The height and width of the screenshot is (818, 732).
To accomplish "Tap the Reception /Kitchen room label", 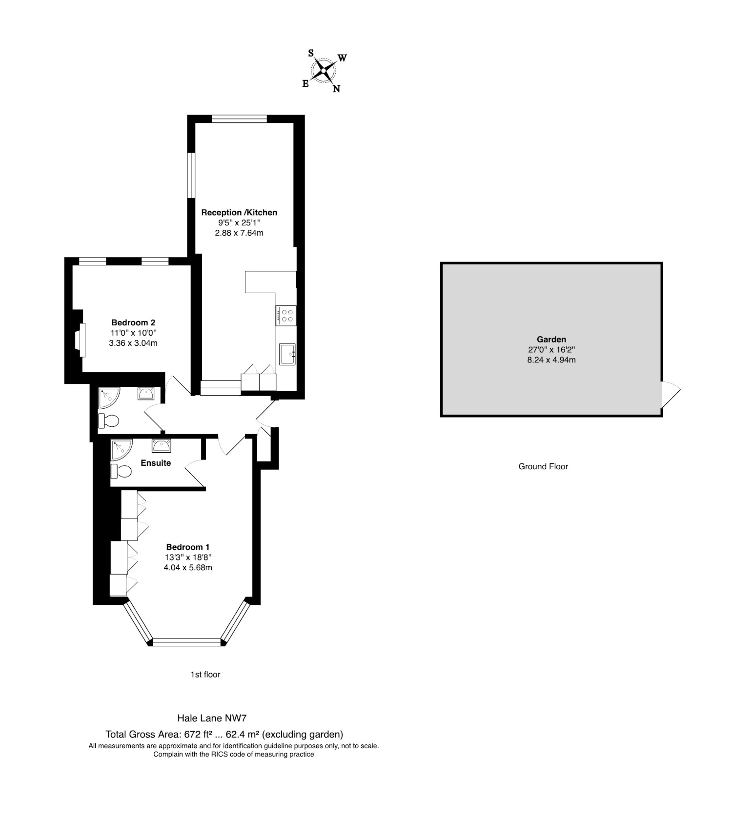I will click(x=239, y=212).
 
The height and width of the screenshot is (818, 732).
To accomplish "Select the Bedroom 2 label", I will click(x=133, y=322).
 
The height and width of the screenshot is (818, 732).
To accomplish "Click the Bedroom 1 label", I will click(x=188, y=547).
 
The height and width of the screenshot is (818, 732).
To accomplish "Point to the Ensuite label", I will click(x=156, y=463).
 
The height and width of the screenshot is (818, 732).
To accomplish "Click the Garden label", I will click(x=551, y=339).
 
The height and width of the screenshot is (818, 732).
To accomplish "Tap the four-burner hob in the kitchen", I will click(x=286, y=315).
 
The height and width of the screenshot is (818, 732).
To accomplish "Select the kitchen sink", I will click(x=287, y=354).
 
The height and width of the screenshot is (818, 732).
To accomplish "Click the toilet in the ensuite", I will click(x=121, y=472).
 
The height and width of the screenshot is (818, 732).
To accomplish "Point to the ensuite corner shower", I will click(x=120, y=449).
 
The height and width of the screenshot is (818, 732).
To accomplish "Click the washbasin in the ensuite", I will click(x=161, y=445).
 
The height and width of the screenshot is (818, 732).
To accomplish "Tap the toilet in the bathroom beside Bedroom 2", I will click(x=109, y=420).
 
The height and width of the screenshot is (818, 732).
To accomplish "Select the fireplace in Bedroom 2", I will click(x=80, y=337).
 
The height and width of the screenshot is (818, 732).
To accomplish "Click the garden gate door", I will click(x=670, y=394).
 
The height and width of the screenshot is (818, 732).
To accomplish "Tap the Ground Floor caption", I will click(x=543, y=466).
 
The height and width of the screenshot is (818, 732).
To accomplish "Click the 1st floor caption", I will click(x=205, y=675).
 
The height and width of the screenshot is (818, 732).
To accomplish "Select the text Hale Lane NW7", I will click(x=212, y=718).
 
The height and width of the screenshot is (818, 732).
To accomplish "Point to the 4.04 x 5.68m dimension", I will click(x=188, y=567).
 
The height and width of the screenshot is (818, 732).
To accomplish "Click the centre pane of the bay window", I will click(x=187, y=642).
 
